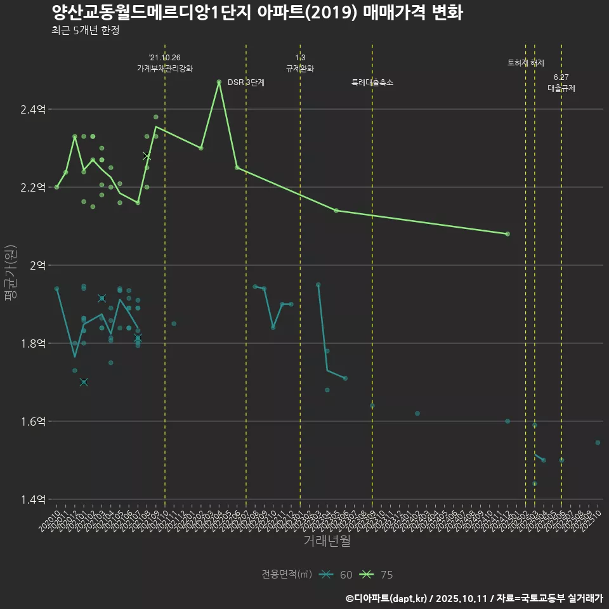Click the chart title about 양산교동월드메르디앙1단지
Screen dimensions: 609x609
click(257, 13)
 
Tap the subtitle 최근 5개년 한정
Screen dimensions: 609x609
click(86, 30)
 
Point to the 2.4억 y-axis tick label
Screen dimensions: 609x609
click(33, 110)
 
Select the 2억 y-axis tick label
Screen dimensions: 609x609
click(37, 265)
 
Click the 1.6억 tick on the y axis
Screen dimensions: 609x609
click(33, 421)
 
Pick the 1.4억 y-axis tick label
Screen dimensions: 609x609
click(33, 499)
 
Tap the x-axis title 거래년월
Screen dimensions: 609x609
click(327, 541)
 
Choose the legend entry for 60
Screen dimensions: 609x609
click(336, 575)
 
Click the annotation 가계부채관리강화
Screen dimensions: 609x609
click(165, 69)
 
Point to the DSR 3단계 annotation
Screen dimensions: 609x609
click(246, 82)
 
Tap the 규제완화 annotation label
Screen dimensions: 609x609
click(300, 69)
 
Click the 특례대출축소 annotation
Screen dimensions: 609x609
click(372, 82)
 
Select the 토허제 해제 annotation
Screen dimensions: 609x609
click(526, 63)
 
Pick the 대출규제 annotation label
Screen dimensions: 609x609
click(561, 89)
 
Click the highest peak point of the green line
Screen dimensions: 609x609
click(219, 82)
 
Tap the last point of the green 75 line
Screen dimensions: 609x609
click(507, 234)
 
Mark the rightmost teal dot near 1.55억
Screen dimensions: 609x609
click(598, 442)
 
